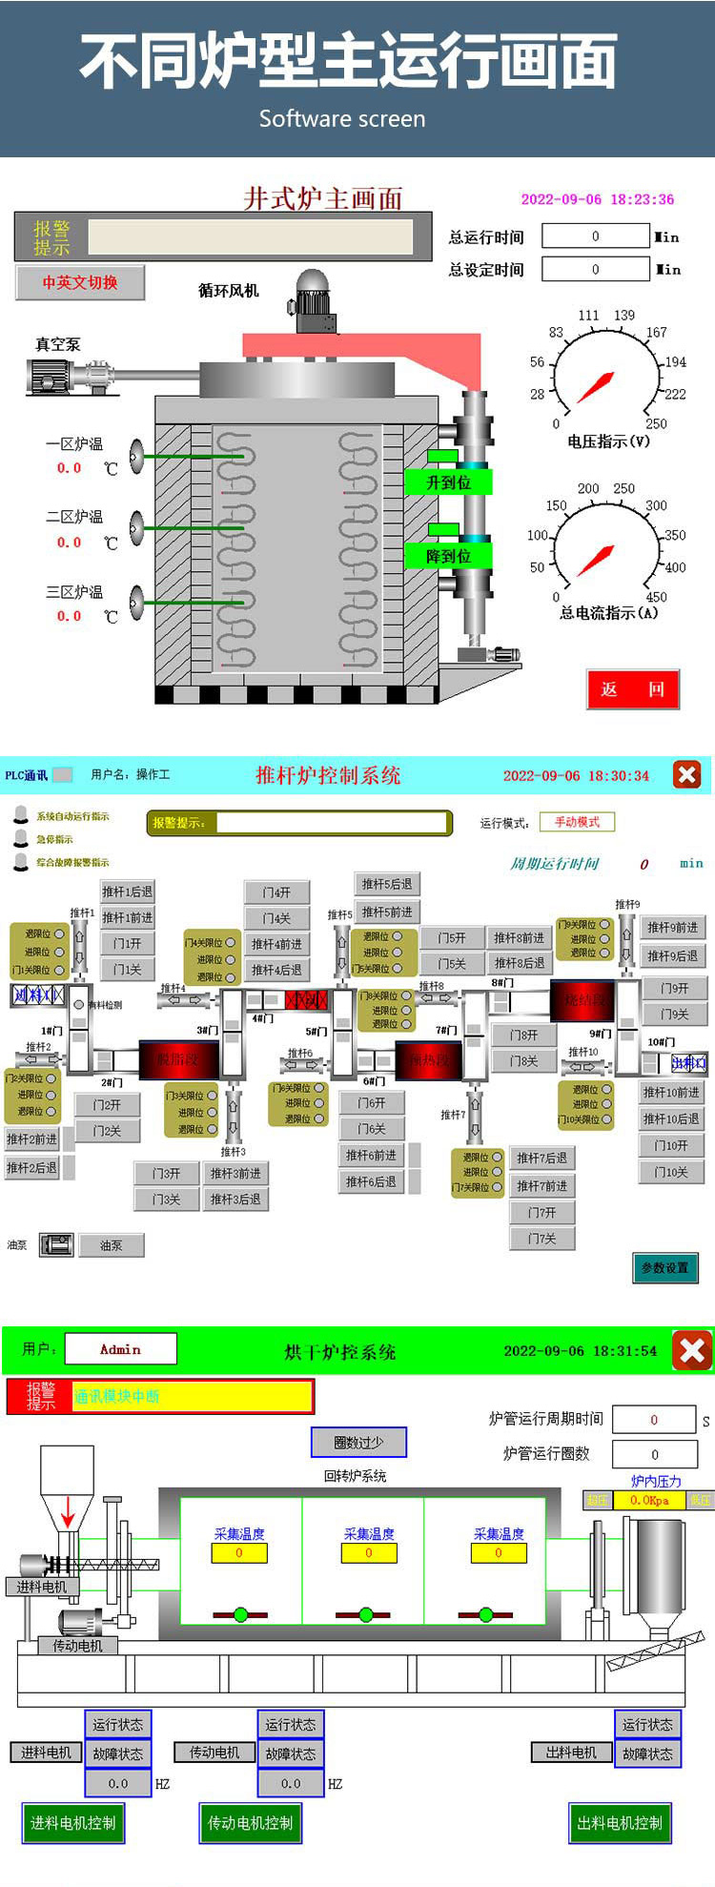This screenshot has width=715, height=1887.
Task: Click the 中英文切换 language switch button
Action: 80,282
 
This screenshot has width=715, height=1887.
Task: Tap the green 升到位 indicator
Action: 448,482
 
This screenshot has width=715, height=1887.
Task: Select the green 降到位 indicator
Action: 448,556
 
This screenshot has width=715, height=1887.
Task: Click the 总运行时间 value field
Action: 596,236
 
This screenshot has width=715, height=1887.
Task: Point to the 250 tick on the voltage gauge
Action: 656,424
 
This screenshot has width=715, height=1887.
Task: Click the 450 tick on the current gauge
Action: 656,597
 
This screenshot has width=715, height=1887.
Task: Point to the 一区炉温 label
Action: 74,444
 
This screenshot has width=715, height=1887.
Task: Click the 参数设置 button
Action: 664,1267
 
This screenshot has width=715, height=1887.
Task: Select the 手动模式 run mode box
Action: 577,822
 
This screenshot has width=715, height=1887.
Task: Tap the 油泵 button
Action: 112,1245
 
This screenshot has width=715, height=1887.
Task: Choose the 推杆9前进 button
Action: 672,927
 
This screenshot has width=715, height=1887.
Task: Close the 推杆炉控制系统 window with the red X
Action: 686,774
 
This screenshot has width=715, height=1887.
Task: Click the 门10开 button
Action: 671,1145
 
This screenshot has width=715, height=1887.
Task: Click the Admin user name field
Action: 120,1349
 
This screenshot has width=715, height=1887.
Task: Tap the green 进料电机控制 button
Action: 72,1823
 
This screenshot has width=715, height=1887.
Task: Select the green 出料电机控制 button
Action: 620,1823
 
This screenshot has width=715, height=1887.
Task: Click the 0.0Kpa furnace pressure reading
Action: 649,1500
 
